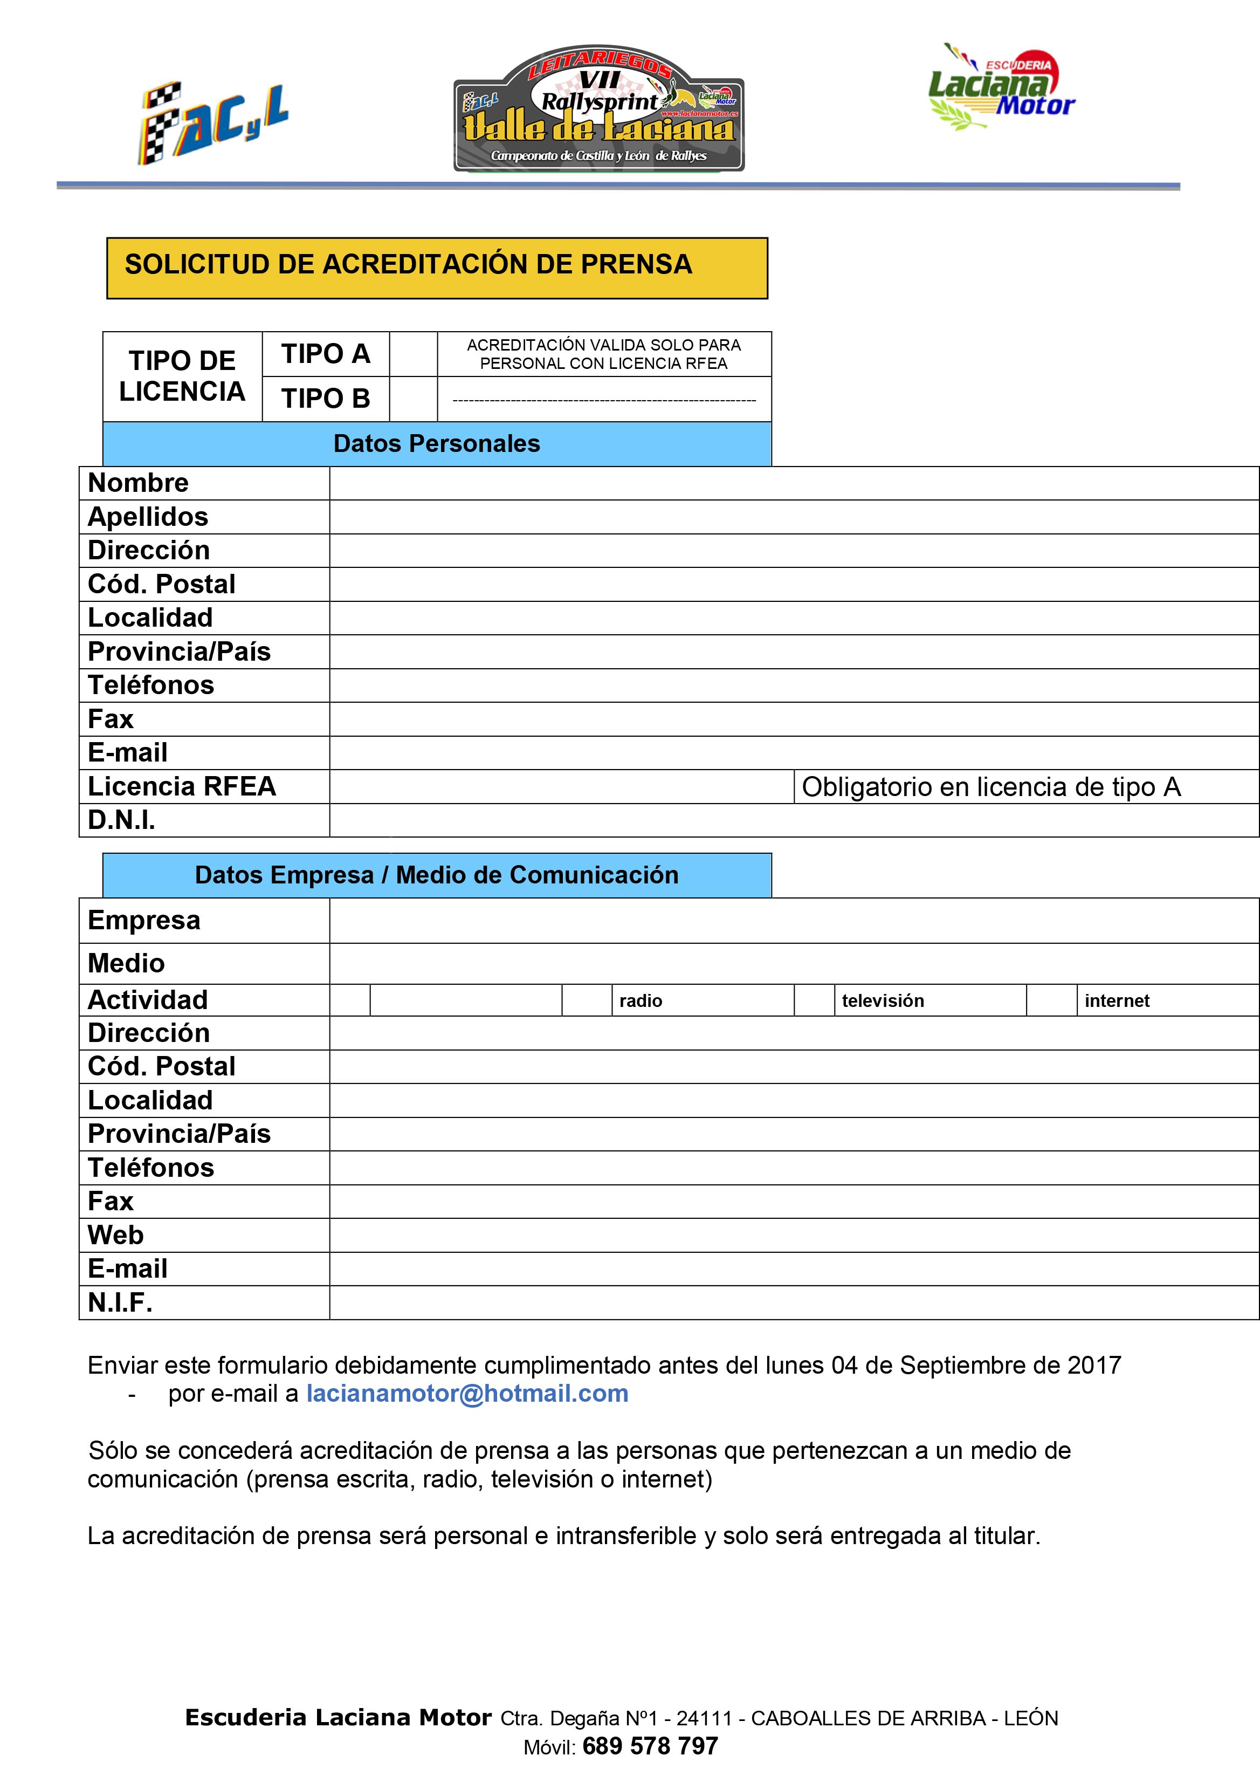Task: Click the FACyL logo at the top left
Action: click(x=214, y=122)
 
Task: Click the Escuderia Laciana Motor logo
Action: click(x=1002, y=87)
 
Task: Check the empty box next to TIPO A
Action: click(x=413, y=354)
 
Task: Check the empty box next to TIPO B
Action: click(x=413, y=399)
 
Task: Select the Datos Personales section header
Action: click(x=437, y=444)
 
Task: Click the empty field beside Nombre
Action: click(x=793, y=483)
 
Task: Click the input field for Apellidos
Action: click(x=793, y=517)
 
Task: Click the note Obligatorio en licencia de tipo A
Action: click(x=991, y=787)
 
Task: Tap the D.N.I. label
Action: click(x=122, y=820)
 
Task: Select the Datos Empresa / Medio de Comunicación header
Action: click(x=437, y=875)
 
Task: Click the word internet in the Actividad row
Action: click(x=1117, y=1001)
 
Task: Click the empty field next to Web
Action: click(x=793, y=1235)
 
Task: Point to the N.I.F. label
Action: click(x=120, y=1302)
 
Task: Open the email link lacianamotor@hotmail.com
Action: click(x=467, y=1394)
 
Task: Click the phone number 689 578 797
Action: click(x=650, y=1746)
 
